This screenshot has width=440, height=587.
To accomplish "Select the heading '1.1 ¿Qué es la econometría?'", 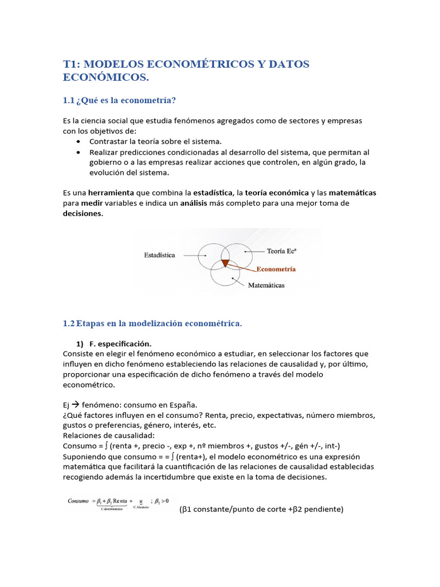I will coord(119,100).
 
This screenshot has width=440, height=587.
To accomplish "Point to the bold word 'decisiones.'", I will coord(83,213).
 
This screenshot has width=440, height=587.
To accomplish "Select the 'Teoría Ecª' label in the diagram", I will coord(282,251).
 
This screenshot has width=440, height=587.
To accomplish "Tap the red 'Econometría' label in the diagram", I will coord(276,268).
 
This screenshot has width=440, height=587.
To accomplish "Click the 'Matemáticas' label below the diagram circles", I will coord(266,285).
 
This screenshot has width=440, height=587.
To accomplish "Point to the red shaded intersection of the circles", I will coord(225,263).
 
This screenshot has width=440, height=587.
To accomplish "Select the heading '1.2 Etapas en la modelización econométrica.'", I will coord(152,324).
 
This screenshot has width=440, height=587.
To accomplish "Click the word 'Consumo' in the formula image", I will coord(78,501).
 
